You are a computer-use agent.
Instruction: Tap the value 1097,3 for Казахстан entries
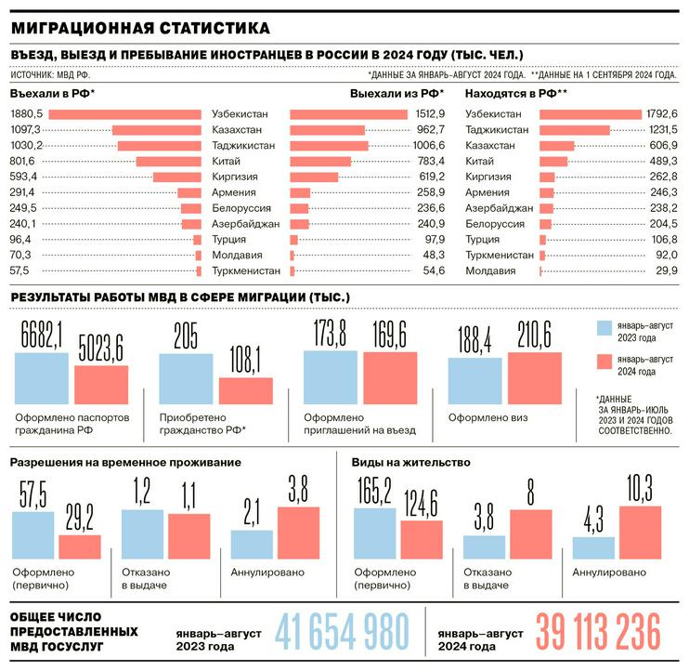pos(24,129)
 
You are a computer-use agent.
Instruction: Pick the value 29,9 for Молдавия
pos(662,270)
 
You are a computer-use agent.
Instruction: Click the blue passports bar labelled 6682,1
pos(41,377)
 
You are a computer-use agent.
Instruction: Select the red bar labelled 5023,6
pos(101,384)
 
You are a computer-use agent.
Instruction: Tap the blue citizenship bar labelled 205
pos(187,377)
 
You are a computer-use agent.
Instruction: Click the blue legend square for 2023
pos(604,328)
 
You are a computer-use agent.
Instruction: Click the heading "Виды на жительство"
pos(409,462)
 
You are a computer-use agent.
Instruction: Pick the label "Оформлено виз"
pos(488,418)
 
